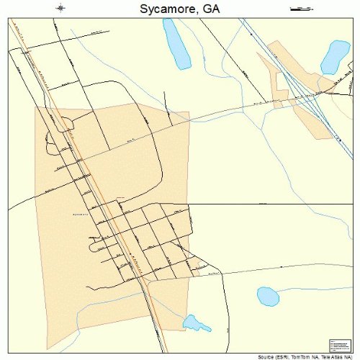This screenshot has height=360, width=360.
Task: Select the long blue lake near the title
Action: click(174, 45)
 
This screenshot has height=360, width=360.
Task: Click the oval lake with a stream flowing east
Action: click(267, 296)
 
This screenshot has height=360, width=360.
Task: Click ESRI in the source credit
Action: click(289, 356)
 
